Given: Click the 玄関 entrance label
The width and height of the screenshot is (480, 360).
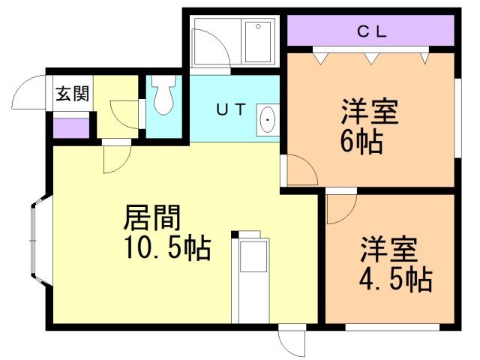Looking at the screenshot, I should click(x=72, y=94).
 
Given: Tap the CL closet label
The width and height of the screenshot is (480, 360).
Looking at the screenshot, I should click(x=370, y=31).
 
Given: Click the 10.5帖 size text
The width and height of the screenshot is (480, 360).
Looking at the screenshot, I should click(x=166, y=247).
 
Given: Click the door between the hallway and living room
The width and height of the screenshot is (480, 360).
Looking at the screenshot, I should click(x=116, y=156).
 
